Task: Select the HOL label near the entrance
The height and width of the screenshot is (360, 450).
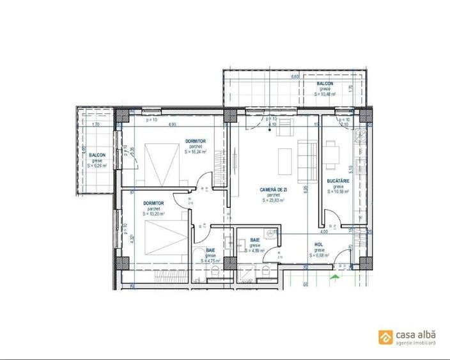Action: pos(318,244)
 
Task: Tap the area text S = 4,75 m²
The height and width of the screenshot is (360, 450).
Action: pos(210,260)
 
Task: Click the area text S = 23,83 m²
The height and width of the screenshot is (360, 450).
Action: pos(272,200)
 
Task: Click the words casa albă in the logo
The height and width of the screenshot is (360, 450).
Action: pos(416,334)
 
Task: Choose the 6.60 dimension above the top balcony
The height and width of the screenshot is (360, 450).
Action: pos(295,77)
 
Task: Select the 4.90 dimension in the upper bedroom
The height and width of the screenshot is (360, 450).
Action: pos(173,125)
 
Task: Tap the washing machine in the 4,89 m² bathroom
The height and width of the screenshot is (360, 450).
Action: pos(271,235)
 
